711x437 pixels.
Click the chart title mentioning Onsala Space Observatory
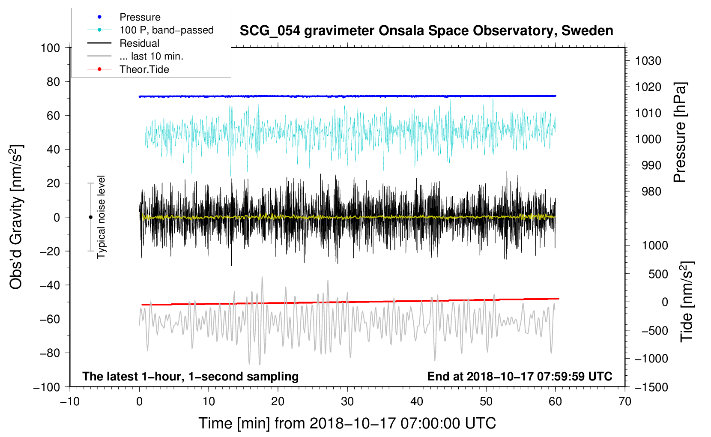coord(426,31)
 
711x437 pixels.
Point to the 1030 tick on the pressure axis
coord(648,61)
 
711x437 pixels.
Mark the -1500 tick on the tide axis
coord(651,387)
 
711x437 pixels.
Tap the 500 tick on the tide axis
coord(658,274)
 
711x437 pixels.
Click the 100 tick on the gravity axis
coord(50,48)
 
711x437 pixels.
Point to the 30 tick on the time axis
coord(347,402)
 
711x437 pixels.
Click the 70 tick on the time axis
coord(624,402)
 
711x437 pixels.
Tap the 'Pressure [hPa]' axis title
coord(680,132)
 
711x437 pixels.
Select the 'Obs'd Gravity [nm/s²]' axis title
coord(16,217)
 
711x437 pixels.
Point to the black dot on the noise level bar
coord(90,217)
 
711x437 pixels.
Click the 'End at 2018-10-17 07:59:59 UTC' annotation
coord(520,376)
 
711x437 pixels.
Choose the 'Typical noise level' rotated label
coord(101,217)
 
